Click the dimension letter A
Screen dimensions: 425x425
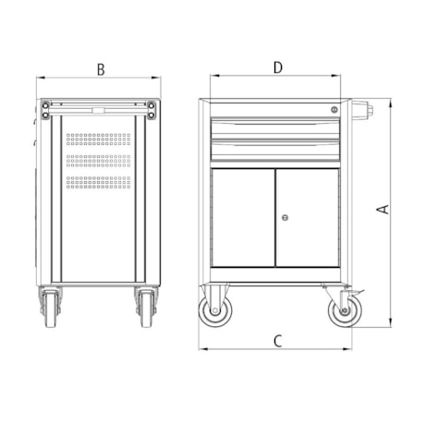383,210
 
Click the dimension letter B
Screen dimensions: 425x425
101,69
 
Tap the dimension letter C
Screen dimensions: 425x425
278,341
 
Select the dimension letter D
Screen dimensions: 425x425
278,67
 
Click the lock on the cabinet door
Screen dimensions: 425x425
285,218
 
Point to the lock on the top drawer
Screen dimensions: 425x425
334,109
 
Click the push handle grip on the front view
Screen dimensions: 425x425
362,110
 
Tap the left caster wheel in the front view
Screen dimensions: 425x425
215,310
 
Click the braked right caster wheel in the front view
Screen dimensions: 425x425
345,310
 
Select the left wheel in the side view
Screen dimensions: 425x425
51,309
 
